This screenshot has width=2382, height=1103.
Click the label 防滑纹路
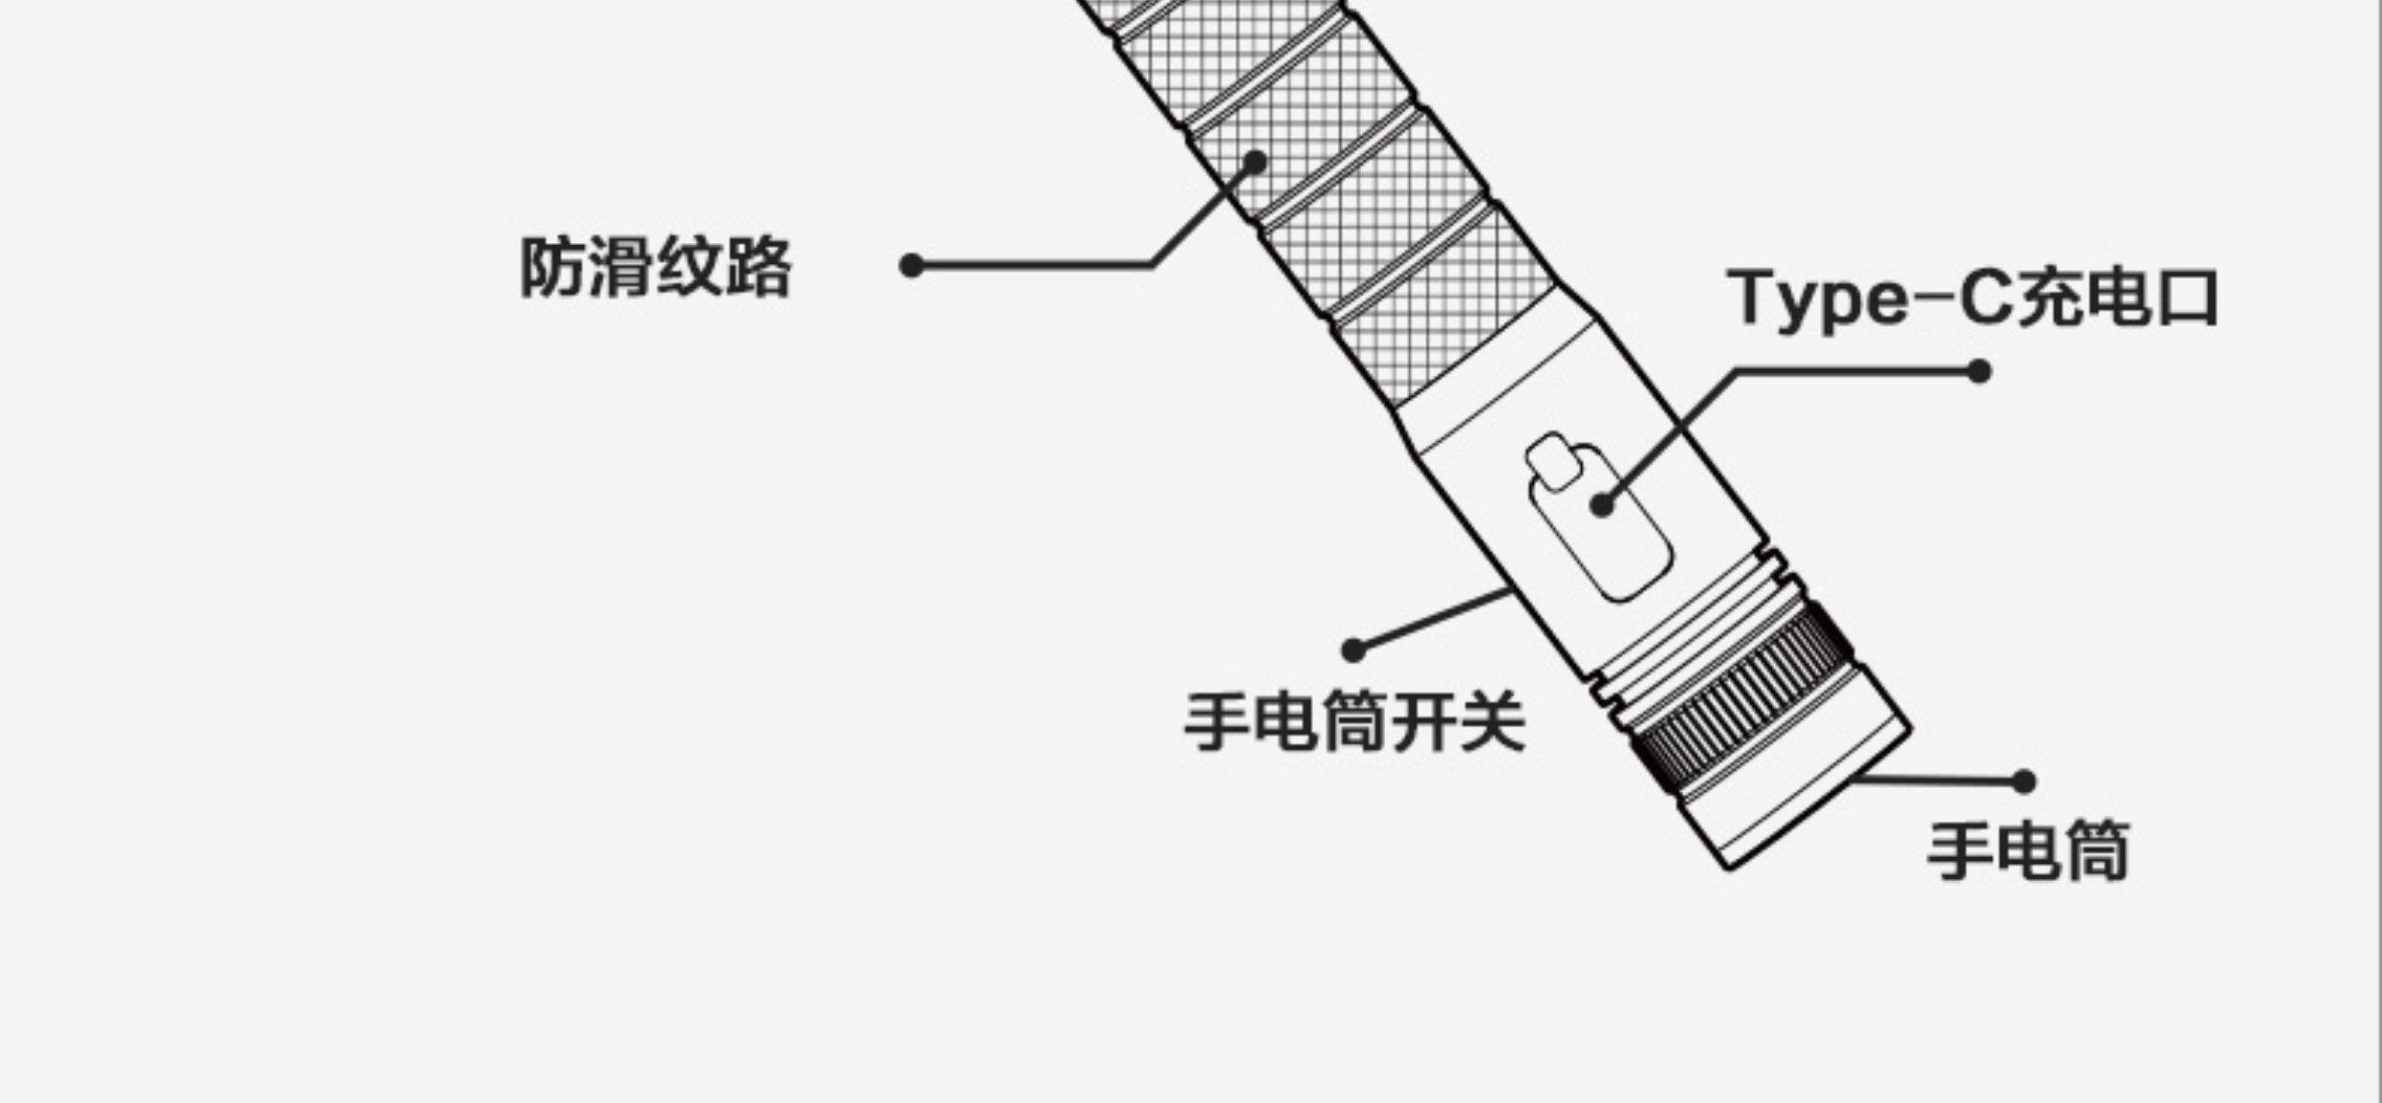tap(656, 267)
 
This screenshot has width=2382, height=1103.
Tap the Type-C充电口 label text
tap(1972, 299)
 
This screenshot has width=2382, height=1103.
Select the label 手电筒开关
tap(1354, 723)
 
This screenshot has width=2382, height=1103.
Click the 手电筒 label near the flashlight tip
tap(2029, 851)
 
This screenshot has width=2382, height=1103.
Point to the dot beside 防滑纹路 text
tap(911, 266)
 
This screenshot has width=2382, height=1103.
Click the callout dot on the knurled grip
tap(1254, 162)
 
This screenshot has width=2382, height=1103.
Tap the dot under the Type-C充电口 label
tap(1979, 371)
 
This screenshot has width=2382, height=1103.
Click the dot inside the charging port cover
tap(1602, 504)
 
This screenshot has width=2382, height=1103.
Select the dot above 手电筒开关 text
tap(1353, 650)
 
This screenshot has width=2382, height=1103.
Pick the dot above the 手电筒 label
tap(2024, 782)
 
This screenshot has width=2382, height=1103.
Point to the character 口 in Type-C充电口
tap(2187, 299)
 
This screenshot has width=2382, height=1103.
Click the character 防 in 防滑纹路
tap(552, 267)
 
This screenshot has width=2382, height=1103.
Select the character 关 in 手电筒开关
tap(1493, 723)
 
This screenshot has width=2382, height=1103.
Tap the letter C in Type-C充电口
tap(1985, 299)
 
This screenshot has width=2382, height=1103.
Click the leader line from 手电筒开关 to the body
tap(1431, 621)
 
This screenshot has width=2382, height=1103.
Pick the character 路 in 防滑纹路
tap(759, 267)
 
